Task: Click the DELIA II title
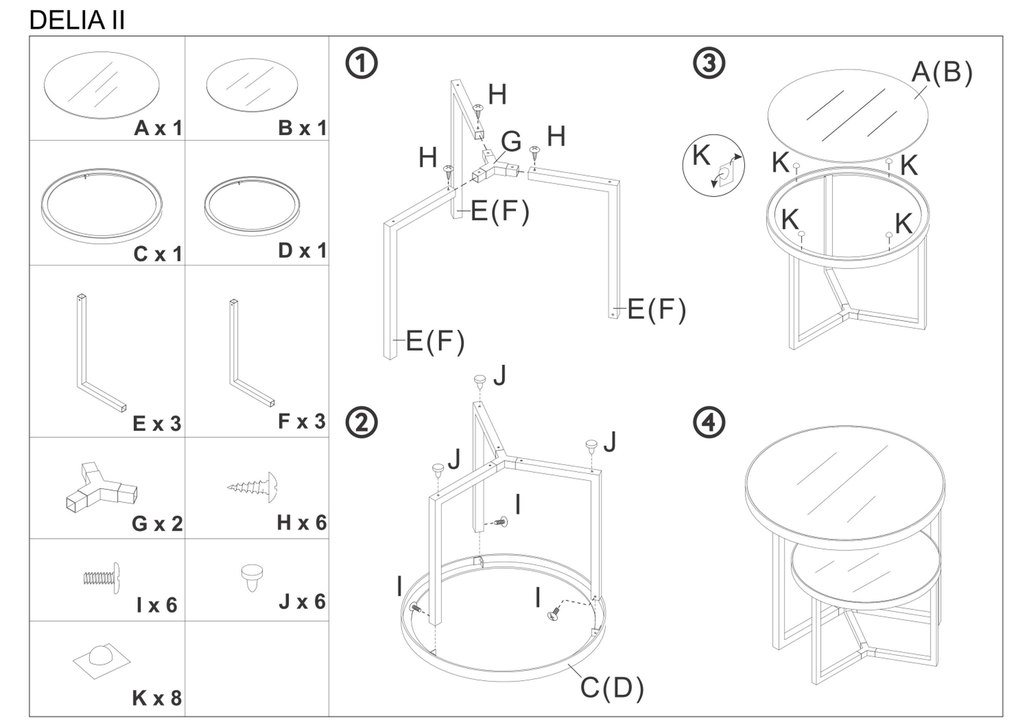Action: [77, 21]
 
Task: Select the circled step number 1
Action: [361, 63]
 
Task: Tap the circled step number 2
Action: [361, 422]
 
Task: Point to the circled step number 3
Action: [709, 63]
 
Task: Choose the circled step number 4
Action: [709, 422]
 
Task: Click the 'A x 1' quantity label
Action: [158, 128]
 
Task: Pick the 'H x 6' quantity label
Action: [301, 523]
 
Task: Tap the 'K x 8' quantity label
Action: [157, 698]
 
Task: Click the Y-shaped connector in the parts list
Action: [102, 488]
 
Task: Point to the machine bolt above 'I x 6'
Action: [102, 578]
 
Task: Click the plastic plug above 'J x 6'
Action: [252, 578]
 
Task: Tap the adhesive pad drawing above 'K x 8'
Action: [101, 661]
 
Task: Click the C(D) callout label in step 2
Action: [612, 688]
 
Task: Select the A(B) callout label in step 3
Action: [942, 72]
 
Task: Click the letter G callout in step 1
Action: [511, 141]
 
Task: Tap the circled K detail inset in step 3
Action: [713, 166]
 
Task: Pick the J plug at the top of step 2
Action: [480, 382]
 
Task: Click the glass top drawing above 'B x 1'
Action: [252, 85]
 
